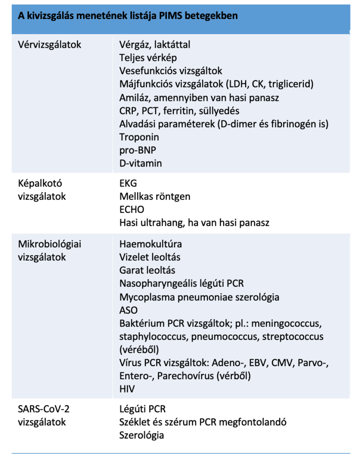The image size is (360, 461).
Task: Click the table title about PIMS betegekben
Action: (x=128, y=16)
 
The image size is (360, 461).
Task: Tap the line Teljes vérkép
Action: (x=148, y=58)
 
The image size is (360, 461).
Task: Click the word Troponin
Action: (x=139, y=136)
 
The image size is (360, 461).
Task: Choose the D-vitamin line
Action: (x=141, y=163)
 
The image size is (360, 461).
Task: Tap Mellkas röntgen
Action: (x=155, y=196)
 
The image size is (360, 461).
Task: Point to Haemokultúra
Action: (x=151, y=244)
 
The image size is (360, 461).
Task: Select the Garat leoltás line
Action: (x=147, y=270)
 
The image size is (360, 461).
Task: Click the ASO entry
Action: (x=128, y=310)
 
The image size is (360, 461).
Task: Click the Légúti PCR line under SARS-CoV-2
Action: (x=143, y=409)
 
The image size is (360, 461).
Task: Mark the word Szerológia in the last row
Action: (x=142, y=435)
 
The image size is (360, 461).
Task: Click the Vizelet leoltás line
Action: (x=150, y=257)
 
